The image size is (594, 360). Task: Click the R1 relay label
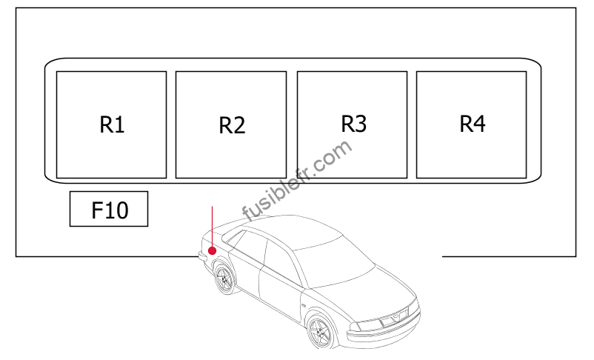(x=112, y=124)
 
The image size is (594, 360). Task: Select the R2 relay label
(x=232, y=126)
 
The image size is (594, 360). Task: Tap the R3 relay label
(x=353, y=124)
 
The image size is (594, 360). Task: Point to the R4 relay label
(x=472, y=124)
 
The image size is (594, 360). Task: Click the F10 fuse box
(x=109, y=209)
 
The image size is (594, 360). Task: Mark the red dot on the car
(x=212, y=250)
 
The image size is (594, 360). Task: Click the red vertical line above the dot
(x=212, y=226)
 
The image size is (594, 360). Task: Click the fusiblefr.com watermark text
(x=297, y=181)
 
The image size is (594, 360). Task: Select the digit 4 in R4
(x=479, y=124)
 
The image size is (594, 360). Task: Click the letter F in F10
(x=97, y=210)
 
